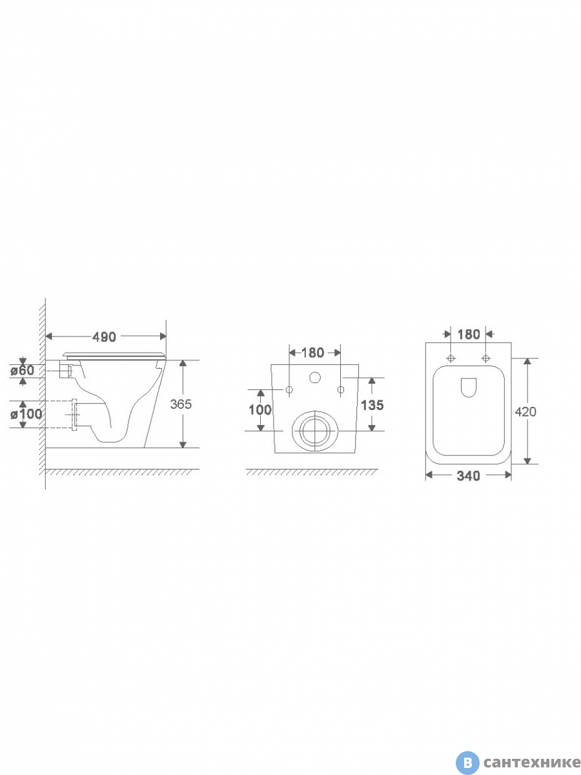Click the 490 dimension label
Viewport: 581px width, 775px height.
pyautogui.click(x=104, y=337)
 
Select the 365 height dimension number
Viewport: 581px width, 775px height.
pyautogui.click(x=181, y=404)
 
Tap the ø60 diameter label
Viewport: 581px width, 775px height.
pyautogui.click(x=22, y=370)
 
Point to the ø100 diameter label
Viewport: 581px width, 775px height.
pyautogui.click(x=26, y=414)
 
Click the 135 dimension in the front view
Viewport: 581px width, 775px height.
pyautogui.click(x=372, y=405)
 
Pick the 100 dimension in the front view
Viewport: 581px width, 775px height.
pyautogui.click(x=260, y=409)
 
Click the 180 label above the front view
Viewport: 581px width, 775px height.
pyautogui.click(x=312, y=353)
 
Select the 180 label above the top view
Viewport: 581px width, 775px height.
pyautogui.click(x=469, y=334)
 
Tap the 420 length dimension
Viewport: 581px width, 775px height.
pyautogui.click(x=525, y=411)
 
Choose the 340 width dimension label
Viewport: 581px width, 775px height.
pyautogui.click(x=468, y=476)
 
